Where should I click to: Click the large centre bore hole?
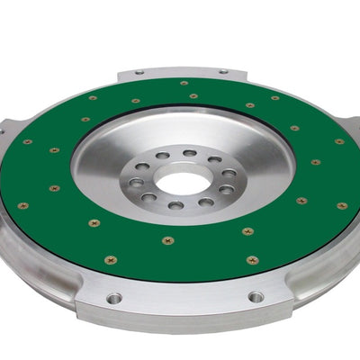point(184,181)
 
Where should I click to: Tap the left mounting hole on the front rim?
point(113,298)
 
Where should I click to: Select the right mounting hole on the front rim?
point(256,296)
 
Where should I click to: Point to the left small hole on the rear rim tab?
point(139,71)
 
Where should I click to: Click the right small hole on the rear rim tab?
point(222,71)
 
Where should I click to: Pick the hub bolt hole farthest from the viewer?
point(189,154)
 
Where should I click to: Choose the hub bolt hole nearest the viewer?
point(175,205)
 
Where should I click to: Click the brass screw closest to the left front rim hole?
point(111,260)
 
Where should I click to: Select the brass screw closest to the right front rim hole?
point(253,260)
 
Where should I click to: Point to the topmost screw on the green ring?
point(184,84)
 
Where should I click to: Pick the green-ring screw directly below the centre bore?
point(168,240)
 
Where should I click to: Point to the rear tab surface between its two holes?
point(180,72)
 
